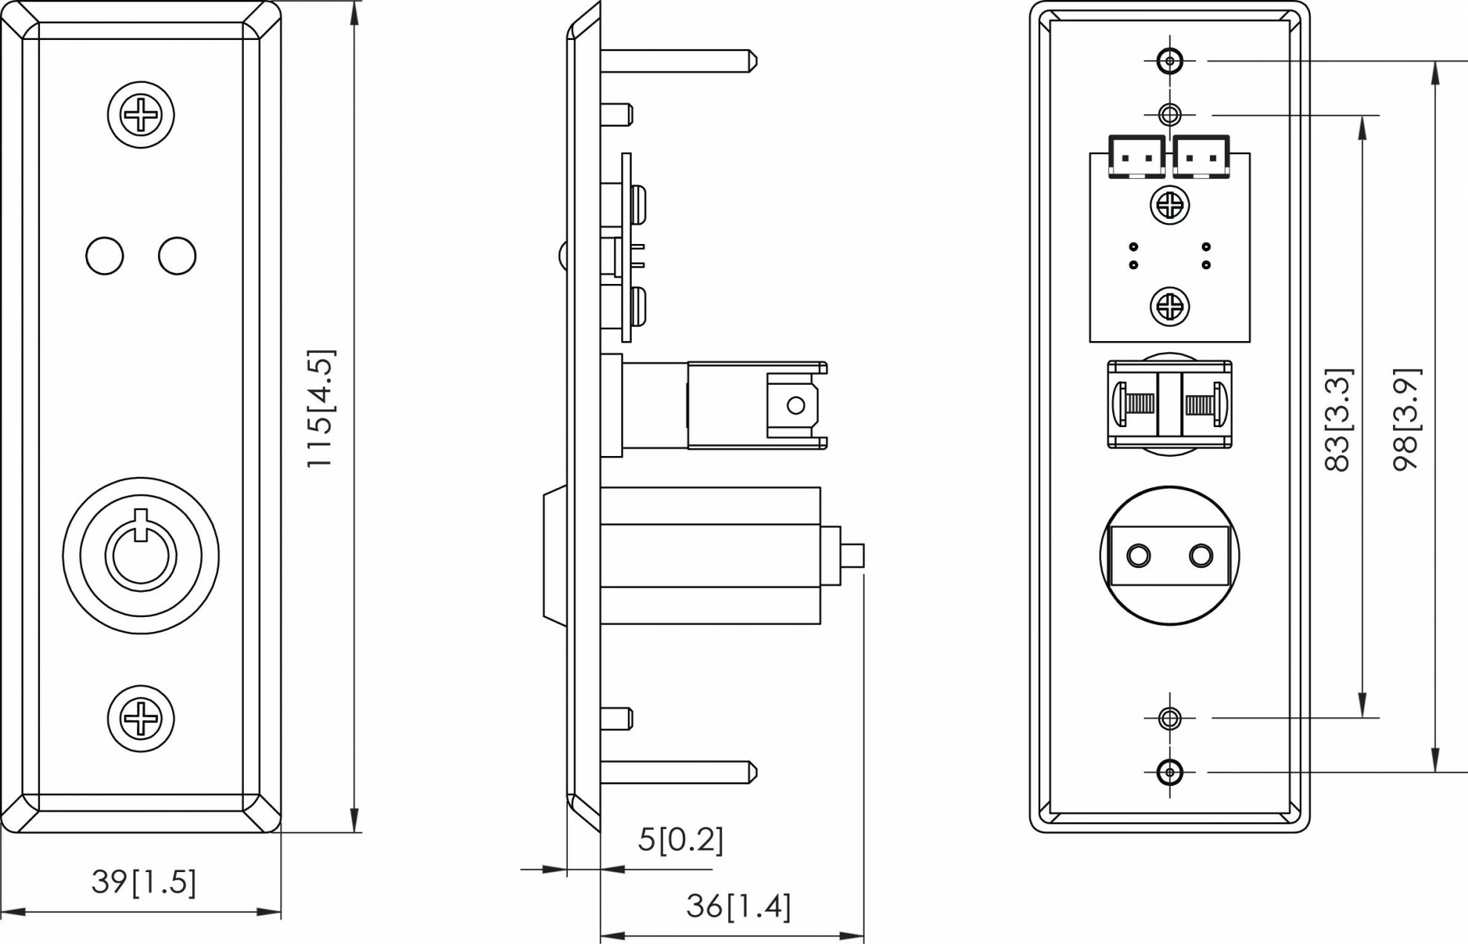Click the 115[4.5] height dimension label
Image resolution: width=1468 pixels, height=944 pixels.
321,409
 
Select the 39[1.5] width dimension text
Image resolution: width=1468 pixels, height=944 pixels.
144,882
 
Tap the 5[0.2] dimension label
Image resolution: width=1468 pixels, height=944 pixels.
680,839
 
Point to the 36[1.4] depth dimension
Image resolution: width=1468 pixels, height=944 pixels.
738,906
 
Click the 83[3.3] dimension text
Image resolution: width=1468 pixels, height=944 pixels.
1338,420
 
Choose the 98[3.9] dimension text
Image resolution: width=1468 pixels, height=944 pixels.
1406,420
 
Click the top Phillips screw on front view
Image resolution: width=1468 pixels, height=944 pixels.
141,115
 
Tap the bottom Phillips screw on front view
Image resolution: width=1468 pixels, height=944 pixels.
141,719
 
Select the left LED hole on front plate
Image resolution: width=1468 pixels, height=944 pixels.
105,256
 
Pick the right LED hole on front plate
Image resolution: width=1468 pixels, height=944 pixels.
177,256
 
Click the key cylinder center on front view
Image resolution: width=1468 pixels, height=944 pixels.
141,555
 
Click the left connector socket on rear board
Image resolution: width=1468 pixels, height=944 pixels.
1137,156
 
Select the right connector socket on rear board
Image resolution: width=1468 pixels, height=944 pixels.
1201,156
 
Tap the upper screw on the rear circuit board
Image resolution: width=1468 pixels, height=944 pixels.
1170,205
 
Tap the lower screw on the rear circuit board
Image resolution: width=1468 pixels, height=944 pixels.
1170,306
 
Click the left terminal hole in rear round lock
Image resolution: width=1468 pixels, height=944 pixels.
1138,555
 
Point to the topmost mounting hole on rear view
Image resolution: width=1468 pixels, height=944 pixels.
1170,61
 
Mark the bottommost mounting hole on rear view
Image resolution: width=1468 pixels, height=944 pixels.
1170,772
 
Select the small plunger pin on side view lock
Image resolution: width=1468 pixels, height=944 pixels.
853,555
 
